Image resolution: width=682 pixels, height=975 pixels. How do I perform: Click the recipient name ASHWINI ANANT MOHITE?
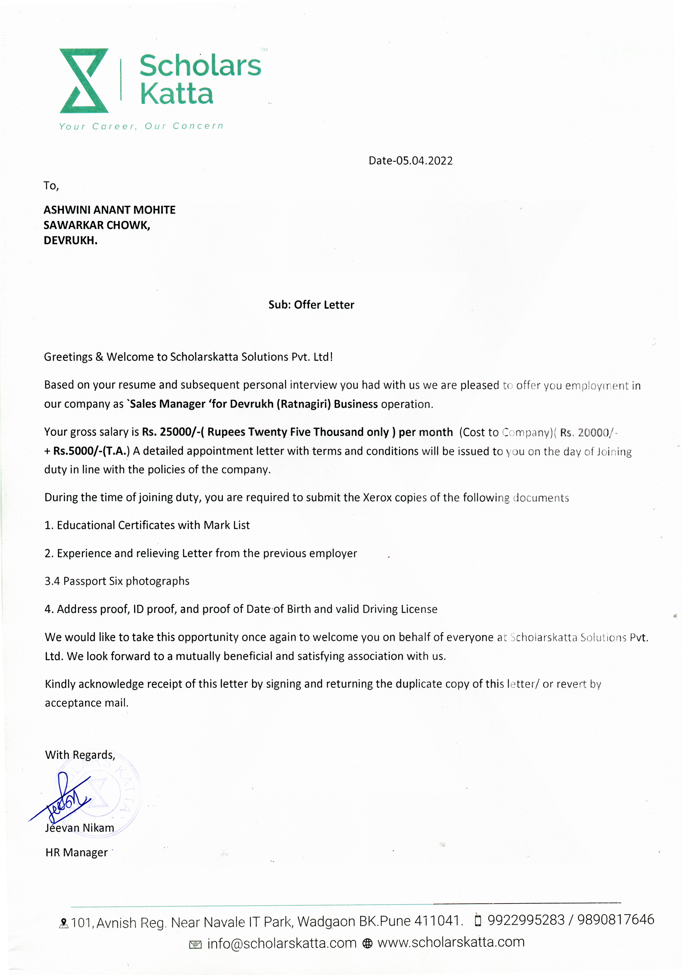[110, 210]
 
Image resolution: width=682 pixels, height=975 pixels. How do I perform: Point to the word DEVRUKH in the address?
[70, 240]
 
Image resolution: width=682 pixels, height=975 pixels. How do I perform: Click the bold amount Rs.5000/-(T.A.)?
[91, 451]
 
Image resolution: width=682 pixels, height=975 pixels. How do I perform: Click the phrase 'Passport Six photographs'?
[126, 581]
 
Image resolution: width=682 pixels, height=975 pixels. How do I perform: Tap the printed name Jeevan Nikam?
[80, 828]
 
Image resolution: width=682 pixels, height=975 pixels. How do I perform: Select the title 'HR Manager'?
[76, 852]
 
